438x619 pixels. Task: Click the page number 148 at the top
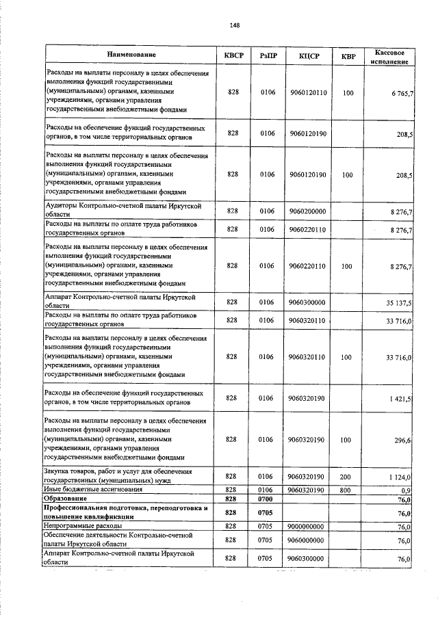pos(234,25)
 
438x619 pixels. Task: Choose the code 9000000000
pos(307,527)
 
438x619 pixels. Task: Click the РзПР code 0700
pos(267,500)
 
